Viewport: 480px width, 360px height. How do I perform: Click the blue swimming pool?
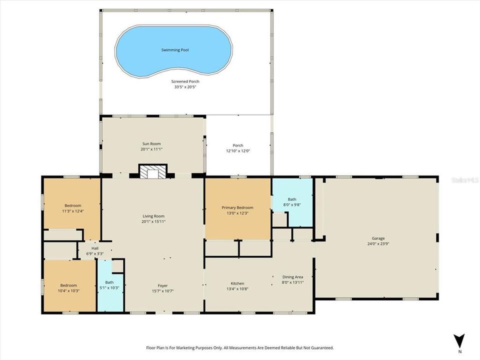coord(174,50)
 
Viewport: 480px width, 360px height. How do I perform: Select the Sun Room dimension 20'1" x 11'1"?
coord(151,149)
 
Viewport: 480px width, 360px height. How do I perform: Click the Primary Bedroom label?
coord(237,207)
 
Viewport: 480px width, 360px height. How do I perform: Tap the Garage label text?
coord(378,238)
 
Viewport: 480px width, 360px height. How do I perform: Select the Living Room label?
coord(153,216)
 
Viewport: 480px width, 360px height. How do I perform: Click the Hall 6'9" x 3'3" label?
coord(94,251)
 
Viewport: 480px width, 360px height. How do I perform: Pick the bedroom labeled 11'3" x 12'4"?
coord(72,208)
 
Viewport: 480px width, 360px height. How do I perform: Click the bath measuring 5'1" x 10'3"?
coord(109,285)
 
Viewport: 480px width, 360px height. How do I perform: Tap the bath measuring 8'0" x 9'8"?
coord(291,201)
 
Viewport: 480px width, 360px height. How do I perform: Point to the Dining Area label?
coord(292,277)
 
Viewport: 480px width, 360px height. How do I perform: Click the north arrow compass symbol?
coord(459,340)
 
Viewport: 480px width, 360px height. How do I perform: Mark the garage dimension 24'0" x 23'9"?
coord(378,244)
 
